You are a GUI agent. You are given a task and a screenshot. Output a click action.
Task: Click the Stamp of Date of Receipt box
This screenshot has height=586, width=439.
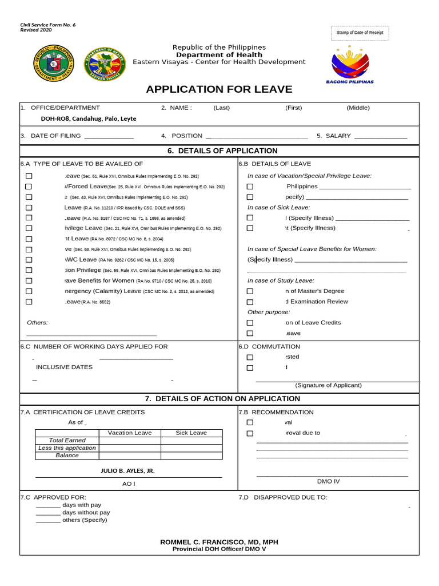(360, 33)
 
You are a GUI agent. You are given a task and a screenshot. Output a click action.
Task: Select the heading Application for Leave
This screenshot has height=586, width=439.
(219, 89)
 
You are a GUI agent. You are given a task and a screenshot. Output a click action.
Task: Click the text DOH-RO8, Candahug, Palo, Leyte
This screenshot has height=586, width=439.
(88, 118)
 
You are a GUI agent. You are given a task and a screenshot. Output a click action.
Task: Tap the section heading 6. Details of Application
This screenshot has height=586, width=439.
(219, 151)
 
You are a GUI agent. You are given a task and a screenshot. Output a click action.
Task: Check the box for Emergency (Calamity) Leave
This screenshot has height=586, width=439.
(29, 291)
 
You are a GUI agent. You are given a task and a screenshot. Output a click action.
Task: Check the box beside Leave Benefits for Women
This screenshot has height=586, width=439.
(29, 281)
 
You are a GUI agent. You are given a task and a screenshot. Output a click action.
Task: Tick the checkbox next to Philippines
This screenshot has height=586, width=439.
(250, 187)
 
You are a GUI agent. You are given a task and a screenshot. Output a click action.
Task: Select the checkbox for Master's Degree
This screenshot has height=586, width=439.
(250, 291)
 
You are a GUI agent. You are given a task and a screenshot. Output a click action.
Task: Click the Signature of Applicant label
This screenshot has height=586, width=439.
(328, 385)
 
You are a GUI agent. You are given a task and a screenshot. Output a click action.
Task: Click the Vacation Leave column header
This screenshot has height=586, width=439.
(130, 433)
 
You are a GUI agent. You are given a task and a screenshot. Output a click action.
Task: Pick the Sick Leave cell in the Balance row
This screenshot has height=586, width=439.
(191, 456)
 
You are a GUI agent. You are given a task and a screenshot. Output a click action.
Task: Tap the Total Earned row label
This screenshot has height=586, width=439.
(67, 440)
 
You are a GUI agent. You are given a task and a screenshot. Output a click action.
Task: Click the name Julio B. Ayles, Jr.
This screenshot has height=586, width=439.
(127, 470)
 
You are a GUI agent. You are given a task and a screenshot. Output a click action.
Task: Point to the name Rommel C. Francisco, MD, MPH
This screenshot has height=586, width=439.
(219, 541)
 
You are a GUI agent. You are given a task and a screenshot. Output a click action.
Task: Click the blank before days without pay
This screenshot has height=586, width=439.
(48, 513)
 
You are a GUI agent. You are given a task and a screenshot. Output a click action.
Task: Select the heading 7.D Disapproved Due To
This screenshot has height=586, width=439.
(283, 497)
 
